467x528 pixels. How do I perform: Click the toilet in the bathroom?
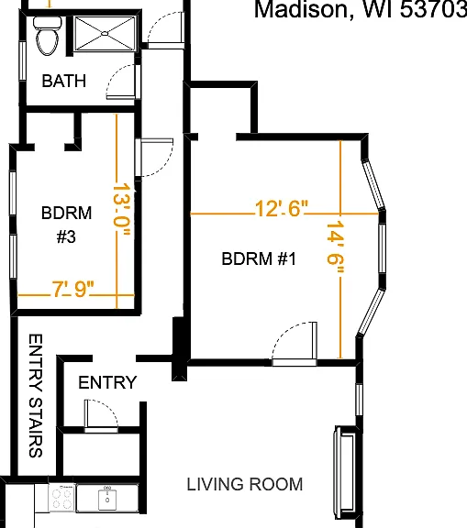[47, 36]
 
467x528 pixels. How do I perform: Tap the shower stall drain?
[105, 33]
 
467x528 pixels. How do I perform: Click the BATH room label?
[64, 81]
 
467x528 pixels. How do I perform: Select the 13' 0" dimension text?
[121, 209]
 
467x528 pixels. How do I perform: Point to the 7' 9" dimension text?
[72, 289]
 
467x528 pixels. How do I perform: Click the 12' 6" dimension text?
[282, 208]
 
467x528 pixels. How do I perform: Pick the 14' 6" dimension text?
[336, 247]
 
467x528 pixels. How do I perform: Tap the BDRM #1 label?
[259, 258]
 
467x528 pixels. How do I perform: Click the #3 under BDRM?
[66, 236]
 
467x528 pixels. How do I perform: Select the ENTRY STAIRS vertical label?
[36, 396]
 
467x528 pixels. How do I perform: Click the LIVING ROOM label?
[245, 484]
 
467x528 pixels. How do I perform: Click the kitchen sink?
[107, 500]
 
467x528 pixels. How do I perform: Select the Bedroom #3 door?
[154, 158]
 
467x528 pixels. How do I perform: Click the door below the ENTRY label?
[101, 415]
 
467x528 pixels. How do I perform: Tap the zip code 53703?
[433, 9]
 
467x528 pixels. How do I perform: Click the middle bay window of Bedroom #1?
[382, 247]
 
